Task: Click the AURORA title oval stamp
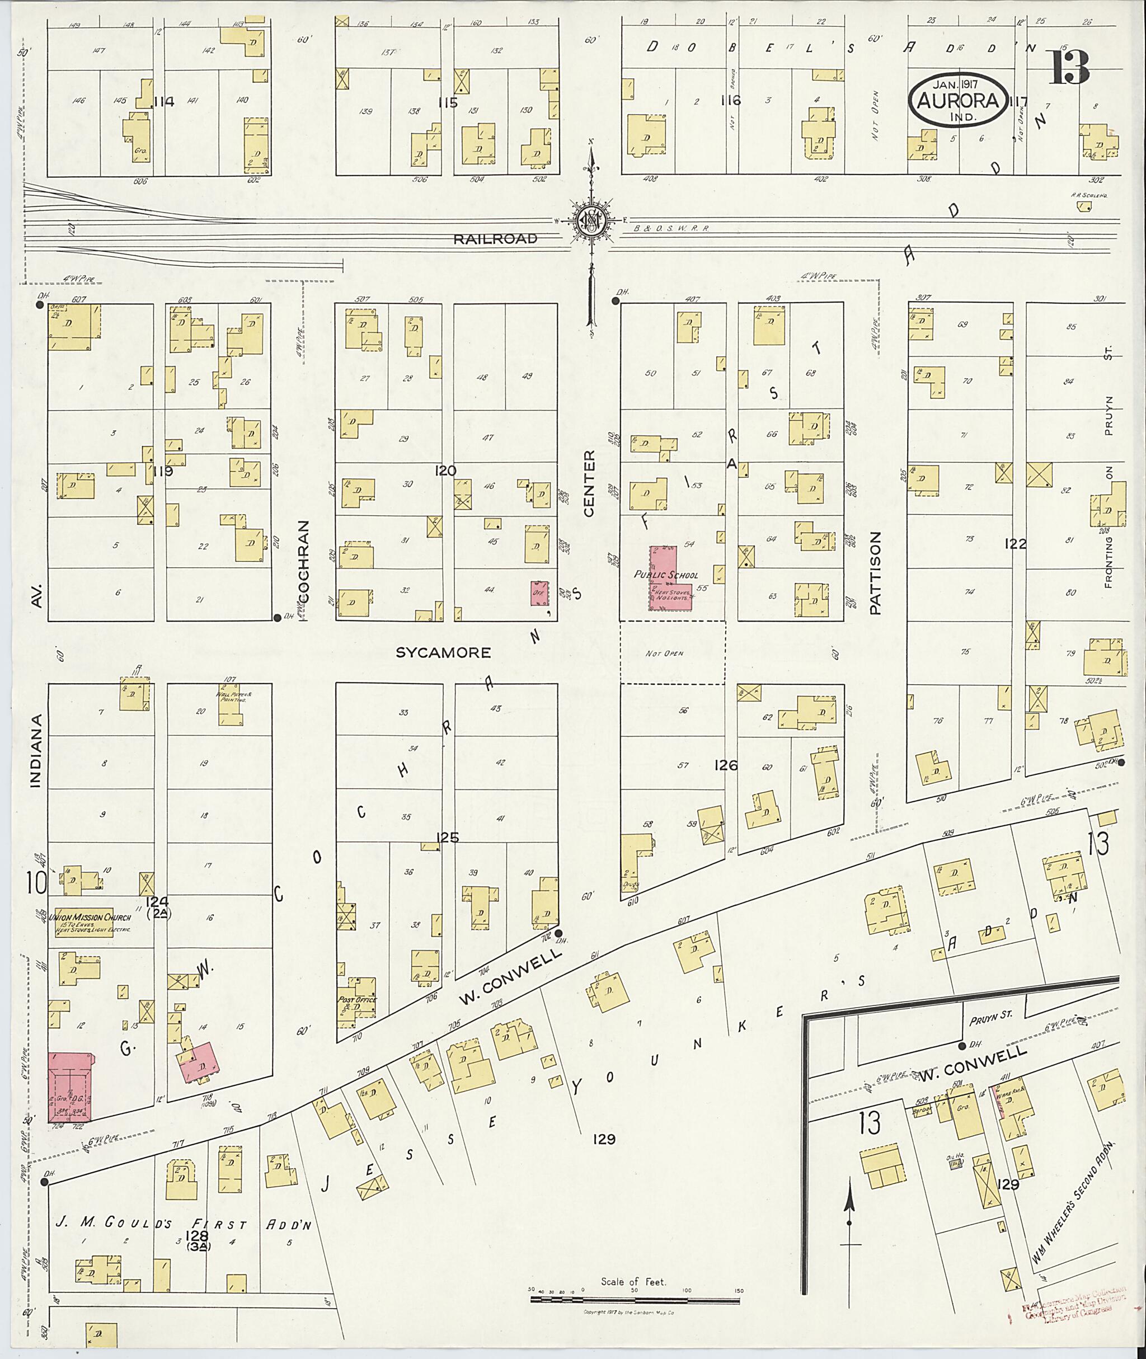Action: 958,101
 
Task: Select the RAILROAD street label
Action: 496,239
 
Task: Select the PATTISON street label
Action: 875,573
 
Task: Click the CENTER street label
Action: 589,483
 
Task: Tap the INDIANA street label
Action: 36,751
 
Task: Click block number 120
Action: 445,471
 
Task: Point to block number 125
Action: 448,838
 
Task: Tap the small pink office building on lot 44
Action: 538,594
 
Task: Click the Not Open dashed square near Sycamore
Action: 673,652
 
